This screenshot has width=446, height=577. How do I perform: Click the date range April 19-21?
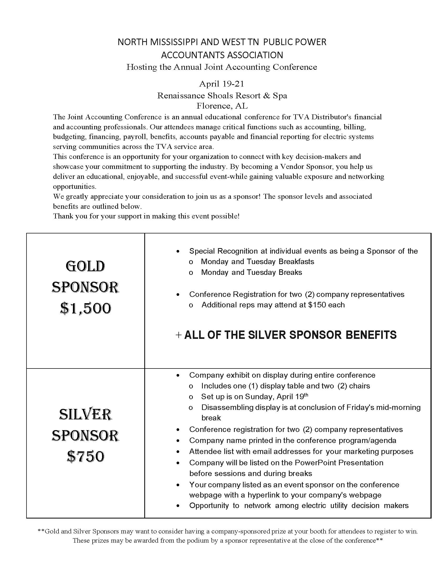tap(221, 84)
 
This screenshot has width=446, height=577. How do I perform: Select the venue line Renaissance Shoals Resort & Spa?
tap(222, 95)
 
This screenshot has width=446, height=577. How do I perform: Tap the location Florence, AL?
tap(222, 106)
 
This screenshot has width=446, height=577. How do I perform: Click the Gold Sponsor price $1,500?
tap(85, 308)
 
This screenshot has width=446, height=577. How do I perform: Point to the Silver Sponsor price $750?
tap(85, 457)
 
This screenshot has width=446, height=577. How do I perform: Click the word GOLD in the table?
tap(85, 266)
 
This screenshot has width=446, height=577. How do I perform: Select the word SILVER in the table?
tap(85, 414)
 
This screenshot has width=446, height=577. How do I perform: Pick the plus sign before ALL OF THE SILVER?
tap(179, 335)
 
